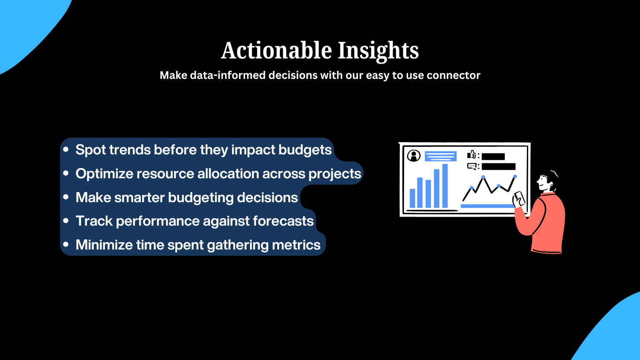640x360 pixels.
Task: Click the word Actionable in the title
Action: click(276, 51)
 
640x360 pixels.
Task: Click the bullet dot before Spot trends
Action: click(66, 149)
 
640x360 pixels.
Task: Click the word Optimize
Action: click(104, 174)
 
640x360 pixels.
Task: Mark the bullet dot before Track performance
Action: click(66, 221)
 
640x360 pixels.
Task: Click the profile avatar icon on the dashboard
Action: click(413, 156)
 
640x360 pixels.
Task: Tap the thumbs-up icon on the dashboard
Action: click(471, 155)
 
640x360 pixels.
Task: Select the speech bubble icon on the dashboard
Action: click(472, 166)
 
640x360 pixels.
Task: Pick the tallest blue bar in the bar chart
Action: click(445, 186)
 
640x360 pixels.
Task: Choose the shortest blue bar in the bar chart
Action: click(412, 198)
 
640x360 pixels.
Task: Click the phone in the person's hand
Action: click(519, 198)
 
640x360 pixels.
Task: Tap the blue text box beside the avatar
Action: click(441, 156)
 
